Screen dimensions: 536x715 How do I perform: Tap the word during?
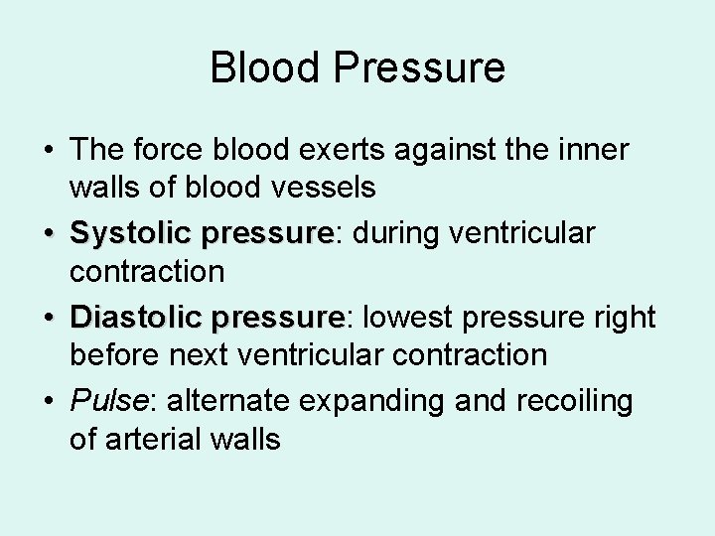pyautogui.click(x=397, y=233)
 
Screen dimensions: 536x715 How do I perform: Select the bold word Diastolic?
pyautogui.click(x=135, y=317)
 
